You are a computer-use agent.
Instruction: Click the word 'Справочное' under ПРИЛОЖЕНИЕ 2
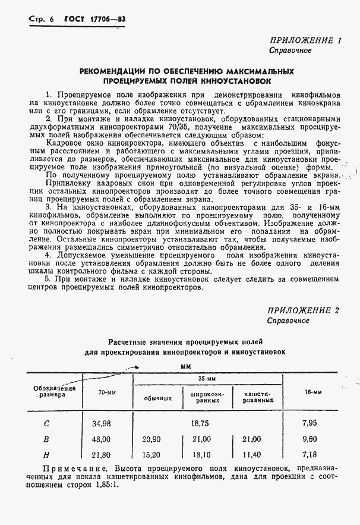coord(289,321)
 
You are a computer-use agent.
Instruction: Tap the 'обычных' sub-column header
coord(159,398)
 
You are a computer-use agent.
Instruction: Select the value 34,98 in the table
coord(101,424)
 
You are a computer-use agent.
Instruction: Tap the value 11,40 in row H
coord(252,455)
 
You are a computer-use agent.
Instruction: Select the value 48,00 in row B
coord(101,439)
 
